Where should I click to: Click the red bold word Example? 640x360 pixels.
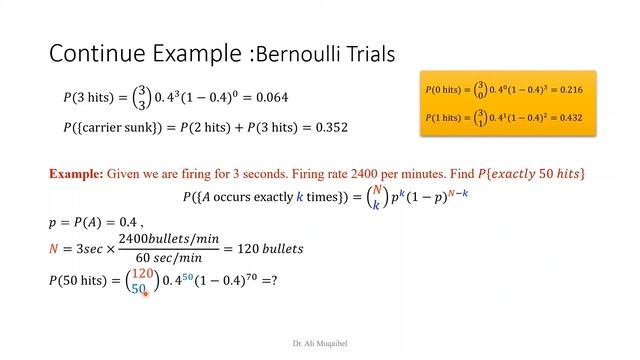click(74, 174)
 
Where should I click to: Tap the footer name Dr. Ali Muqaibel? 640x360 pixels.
click(319, 342)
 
